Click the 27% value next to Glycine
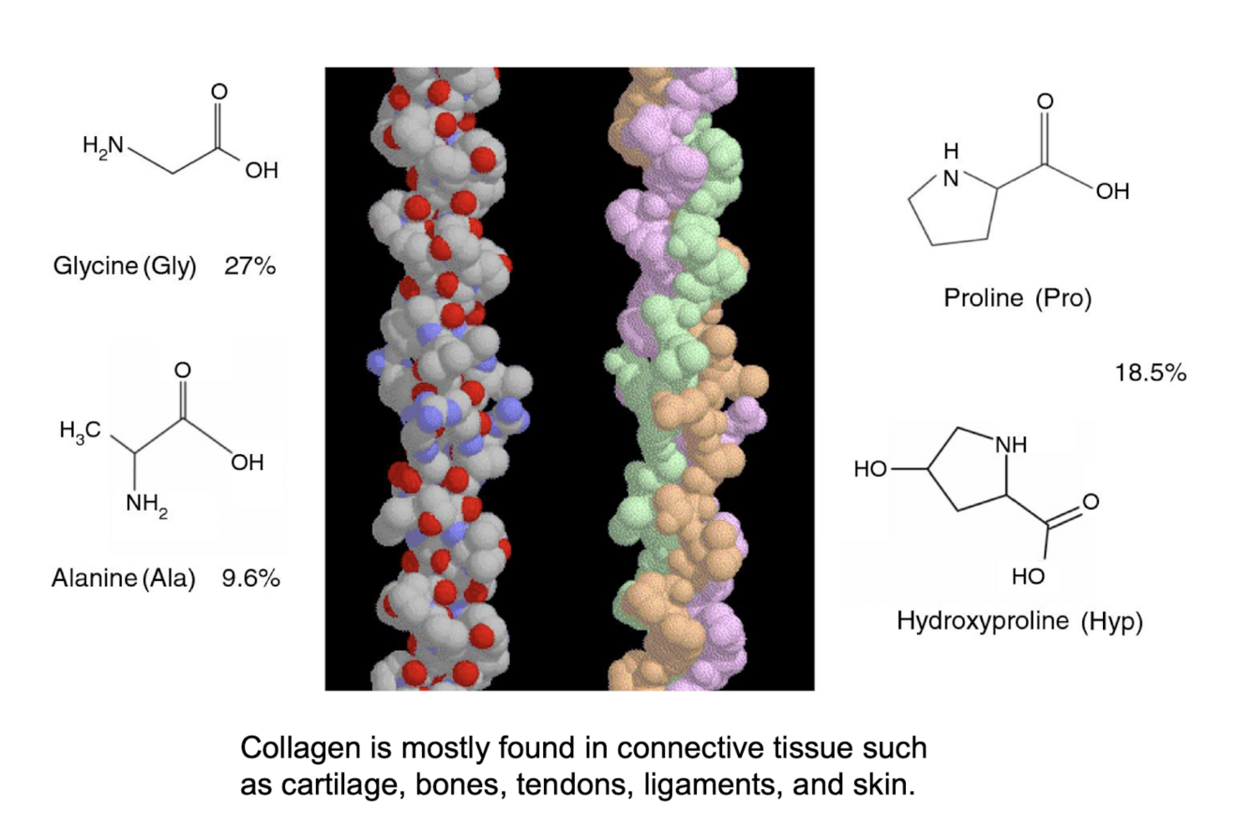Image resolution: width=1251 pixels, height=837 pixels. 249,266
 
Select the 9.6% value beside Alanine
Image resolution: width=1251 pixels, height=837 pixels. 250,578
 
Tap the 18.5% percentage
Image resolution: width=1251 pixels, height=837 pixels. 1151,373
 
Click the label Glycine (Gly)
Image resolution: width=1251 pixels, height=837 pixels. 125,267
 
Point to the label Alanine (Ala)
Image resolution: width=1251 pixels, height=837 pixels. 124,579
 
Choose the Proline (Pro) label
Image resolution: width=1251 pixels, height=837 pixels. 1017,298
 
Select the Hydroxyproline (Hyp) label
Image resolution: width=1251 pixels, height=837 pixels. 1019,621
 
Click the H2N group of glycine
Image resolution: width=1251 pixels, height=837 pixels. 103,146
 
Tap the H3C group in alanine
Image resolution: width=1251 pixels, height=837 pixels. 80,431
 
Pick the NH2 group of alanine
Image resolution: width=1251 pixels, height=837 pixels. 147,505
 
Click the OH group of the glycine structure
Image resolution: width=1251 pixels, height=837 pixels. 262,171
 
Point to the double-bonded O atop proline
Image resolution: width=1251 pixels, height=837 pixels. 1045,101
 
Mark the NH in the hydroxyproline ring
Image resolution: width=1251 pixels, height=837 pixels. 1012,445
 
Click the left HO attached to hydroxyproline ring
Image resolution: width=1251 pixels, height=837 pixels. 870,469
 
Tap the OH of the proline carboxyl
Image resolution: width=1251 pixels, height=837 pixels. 1112,191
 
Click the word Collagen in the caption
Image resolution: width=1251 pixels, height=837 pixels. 300,749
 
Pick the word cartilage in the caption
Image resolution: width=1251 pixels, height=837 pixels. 343,785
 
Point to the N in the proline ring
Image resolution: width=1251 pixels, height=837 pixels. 951,179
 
